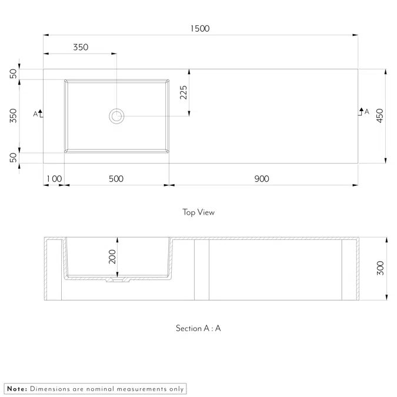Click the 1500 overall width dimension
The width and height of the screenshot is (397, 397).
point(200,28)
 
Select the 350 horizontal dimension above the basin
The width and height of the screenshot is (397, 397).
point(81,47)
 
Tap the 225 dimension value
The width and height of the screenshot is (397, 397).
point(184,92)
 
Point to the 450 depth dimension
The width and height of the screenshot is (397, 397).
point(380,115)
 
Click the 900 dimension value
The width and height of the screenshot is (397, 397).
point(262,179)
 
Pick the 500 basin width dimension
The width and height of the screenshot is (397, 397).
point(116,179)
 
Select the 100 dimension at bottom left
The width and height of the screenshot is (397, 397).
point(54,179)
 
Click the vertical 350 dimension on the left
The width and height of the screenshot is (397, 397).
point(14,115)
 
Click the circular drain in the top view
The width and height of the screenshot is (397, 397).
point(116,116)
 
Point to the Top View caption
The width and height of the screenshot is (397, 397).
point(198,212)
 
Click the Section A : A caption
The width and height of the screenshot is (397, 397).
point(198,328)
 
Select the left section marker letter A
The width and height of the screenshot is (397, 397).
point(35,114)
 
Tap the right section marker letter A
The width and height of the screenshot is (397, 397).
point(367,111)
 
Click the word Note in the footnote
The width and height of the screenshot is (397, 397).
point(16,389)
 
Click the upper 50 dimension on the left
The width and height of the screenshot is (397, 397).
point(14,74)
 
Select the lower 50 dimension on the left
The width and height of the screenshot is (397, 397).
point(14,158)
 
